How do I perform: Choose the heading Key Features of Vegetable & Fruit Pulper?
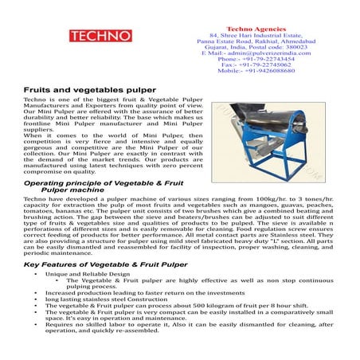point(99,262)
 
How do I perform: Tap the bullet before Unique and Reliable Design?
point(37,273)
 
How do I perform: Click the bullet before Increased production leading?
point(37,292)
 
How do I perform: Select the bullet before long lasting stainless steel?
point(37,299)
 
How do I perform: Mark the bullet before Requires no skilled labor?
point(37,325)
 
